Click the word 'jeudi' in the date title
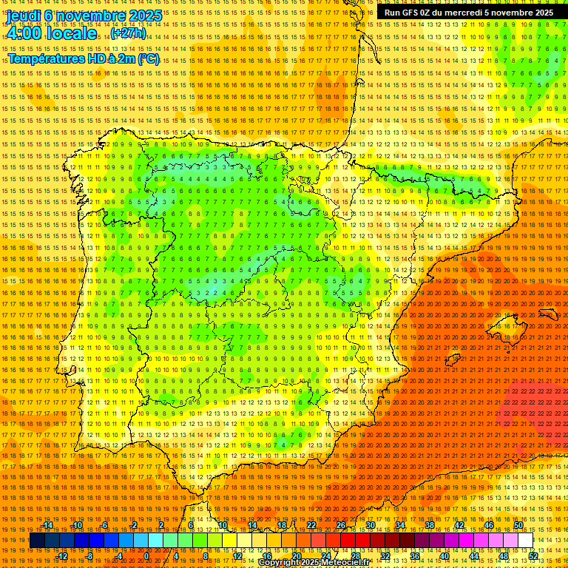[x=23, y=15]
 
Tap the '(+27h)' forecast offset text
[x=128, y=33]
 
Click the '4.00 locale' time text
[x=52, y=33]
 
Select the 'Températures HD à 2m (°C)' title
[x=83, y=58]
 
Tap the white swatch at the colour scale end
[x=525, y=541]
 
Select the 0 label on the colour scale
[x=146, y=556]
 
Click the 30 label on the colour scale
[x=370, y=525]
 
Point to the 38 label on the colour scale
[x=429, y=525]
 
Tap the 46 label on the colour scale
[x=488, y=525]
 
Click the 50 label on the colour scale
[x=518, y=525]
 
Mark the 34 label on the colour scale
[x=399, y=525]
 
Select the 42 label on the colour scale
[x=459, y=525]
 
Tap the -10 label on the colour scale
[x=76, y=525]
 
